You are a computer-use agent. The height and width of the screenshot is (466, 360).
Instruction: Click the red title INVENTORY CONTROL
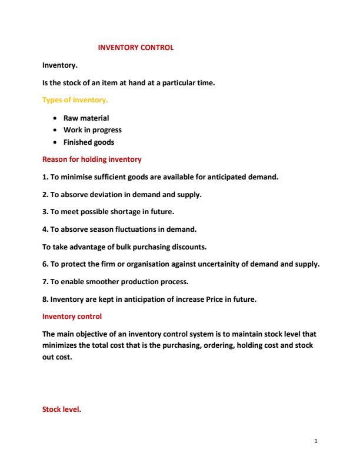135,47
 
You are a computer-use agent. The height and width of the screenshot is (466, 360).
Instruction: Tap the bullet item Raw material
86,118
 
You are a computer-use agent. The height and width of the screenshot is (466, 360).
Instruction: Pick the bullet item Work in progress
92,130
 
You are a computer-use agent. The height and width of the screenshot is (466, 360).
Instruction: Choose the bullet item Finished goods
89,142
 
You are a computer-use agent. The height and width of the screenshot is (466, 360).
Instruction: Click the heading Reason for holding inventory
92,159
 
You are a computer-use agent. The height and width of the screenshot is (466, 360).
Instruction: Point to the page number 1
316,440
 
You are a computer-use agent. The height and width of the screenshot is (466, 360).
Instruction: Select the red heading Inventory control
72,317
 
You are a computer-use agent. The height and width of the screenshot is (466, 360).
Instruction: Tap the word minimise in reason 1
78,177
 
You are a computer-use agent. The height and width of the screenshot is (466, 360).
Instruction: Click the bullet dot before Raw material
55,118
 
